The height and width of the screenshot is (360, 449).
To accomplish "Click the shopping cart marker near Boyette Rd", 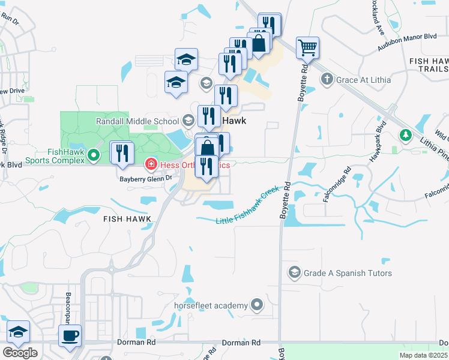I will [x=307, y=47].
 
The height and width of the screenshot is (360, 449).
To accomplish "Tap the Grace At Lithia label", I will [x=363, y=79].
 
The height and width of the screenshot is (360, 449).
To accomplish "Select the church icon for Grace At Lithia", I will [x=327, y=79].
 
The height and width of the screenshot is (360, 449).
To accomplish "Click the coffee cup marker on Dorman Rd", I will [x=70, y=335].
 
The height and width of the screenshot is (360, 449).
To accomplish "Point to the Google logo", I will [x=20, y=353].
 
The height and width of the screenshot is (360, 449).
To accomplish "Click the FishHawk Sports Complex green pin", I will [x=93, y=156].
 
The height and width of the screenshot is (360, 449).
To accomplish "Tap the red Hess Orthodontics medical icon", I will [x=151, y=164].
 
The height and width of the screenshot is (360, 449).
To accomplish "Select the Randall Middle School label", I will [x=137, y=121].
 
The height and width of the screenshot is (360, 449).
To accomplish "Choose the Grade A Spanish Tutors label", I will [x=348, y=273].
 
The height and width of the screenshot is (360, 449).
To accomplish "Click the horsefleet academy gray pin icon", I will [x=258, y=305].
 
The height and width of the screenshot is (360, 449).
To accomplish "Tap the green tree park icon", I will [x=406, y=136].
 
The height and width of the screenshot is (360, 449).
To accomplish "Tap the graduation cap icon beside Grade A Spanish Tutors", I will [x=294, y=273].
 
